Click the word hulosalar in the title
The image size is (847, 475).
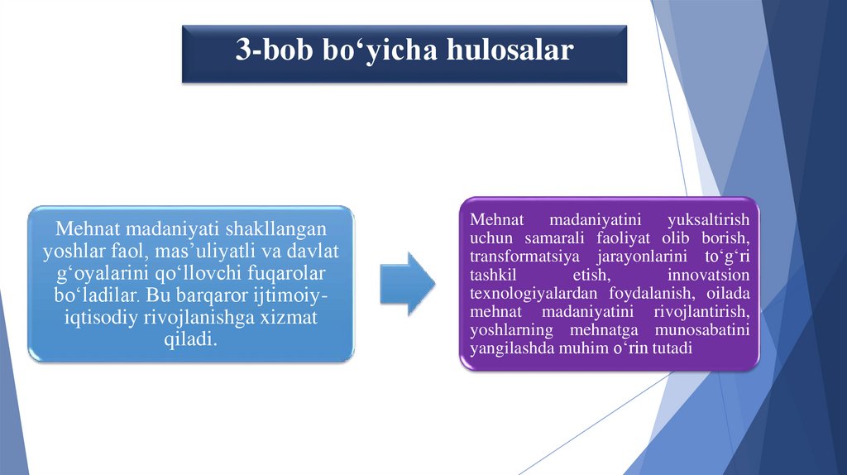pos(510,50)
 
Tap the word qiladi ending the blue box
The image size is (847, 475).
pos(192,340)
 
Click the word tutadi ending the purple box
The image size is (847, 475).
pos(671,348)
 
